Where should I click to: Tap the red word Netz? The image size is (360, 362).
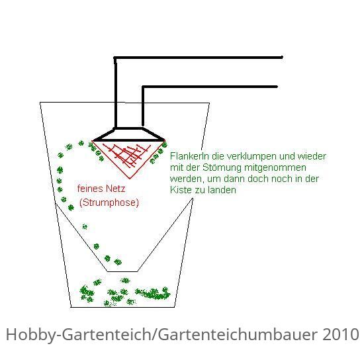115,189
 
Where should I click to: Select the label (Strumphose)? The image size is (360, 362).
109,203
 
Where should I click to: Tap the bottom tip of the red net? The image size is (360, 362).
129,179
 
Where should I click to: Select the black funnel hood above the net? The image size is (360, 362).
129,134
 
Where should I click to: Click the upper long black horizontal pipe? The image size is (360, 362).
199,58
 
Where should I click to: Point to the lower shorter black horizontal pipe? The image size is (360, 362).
210,87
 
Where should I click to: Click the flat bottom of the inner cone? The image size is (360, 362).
122,271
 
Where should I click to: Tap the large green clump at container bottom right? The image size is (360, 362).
153,293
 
